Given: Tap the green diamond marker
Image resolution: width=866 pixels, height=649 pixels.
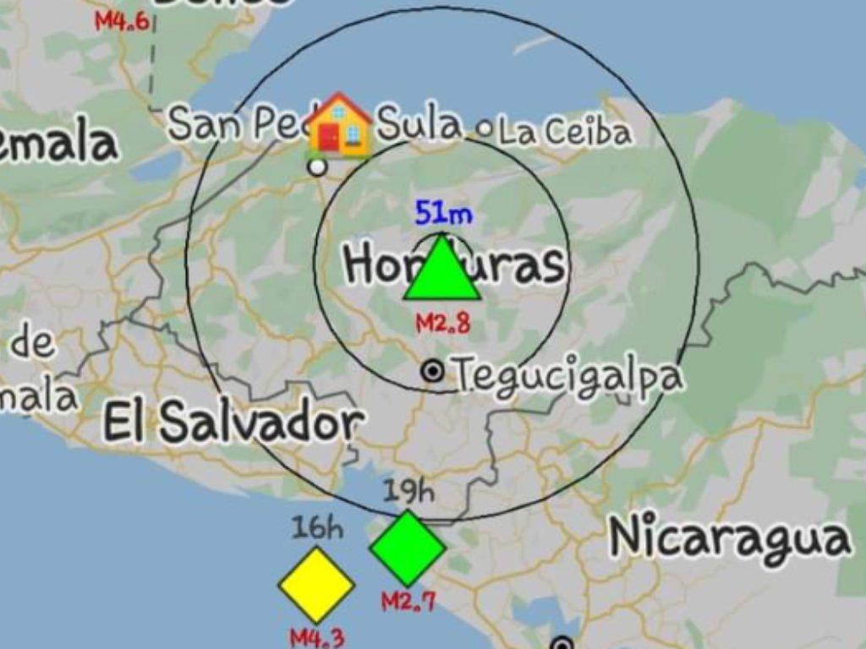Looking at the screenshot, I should pyautogui.click(x=408, y=548).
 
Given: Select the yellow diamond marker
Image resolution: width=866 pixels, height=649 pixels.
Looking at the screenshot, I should pyautogui.click(x=316, y=585).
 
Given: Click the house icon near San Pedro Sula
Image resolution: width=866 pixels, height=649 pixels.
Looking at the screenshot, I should pyautogui.click(x=339, y=125).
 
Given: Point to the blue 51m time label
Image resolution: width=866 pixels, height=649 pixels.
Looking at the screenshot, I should pyautogui.click(x=443, y=213).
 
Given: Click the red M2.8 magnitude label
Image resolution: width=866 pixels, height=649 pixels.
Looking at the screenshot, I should pyautogui.click(x=442, y=322).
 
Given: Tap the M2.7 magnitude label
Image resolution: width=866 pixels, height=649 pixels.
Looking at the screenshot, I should pyautogui.click(x=408, y=602).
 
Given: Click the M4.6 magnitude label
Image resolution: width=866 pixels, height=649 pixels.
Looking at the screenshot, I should pyautogui.click(x=122, y=21).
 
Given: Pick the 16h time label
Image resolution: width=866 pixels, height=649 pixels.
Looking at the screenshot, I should pyautogui.click(x=317, y=528).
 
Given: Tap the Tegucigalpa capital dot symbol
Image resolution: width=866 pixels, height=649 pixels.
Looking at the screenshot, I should pyautogui.click(x=433, y=371).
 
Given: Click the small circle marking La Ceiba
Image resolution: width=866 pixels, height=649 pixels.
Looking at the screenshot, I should pyautogui.click(x=485, y=129).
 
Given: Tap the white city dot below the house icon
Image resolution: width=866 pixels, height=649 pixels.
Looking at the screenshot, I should pyautogui.click(x=317, y=166).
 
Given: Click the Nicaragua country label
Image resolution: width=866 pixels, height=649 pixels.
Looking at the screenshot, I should pyautogui.click(x=729, y=537).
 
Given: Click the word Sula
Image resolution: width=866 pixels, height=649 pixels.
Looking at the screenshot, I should pyautogui.click(x=419, y=124).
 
